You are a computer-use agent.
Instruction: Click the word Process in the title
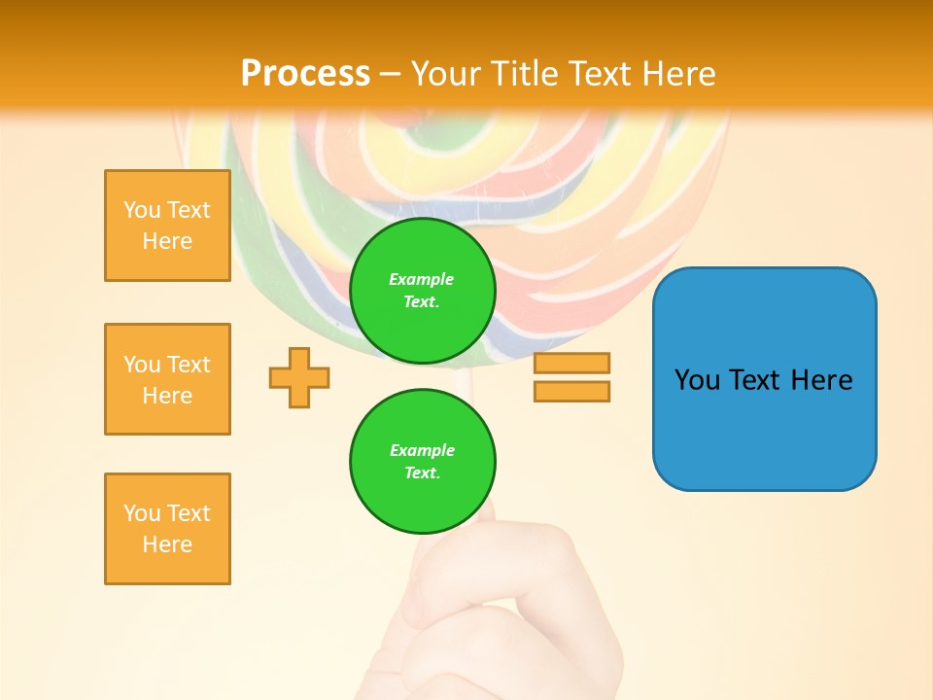(305, 74)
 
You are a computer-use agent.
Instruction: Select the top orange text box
(167, 226)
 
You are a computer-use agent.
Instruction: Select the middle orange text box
(167, 379)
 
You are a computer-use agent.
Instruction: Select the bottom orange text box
(167, 529)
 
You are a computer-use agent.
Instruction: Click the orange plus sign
(299, 377)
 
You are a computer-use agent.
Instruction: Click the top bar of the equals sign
(571, 364)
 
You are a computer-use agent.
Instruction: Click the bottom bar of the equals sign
(571, 391)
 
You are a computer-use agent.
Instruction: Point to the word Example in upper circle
(421, 279)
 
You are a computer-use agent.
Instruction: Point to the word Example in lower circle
(422, 450)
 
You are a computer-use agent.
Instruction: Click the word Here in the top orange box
(167, 241)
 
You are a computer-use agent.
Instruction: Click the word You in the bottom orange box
(142, 513)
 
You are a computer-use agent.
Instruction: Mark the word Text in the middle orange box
(189, 365)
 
